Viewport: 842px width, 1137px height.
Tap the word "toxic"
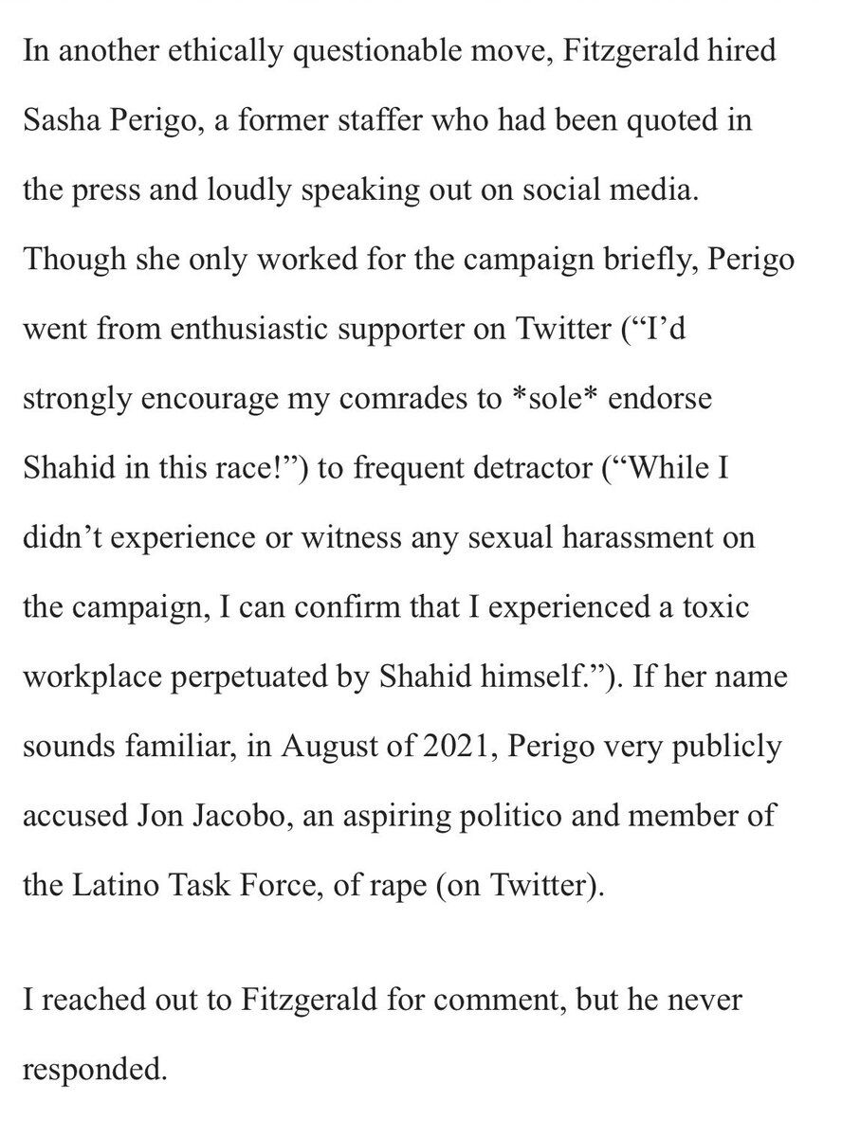(715, 606)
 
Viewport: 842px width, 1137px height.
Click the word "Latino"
(119, 885)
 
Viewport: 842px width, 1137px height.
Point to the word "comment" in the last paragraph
(489, 1001)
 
